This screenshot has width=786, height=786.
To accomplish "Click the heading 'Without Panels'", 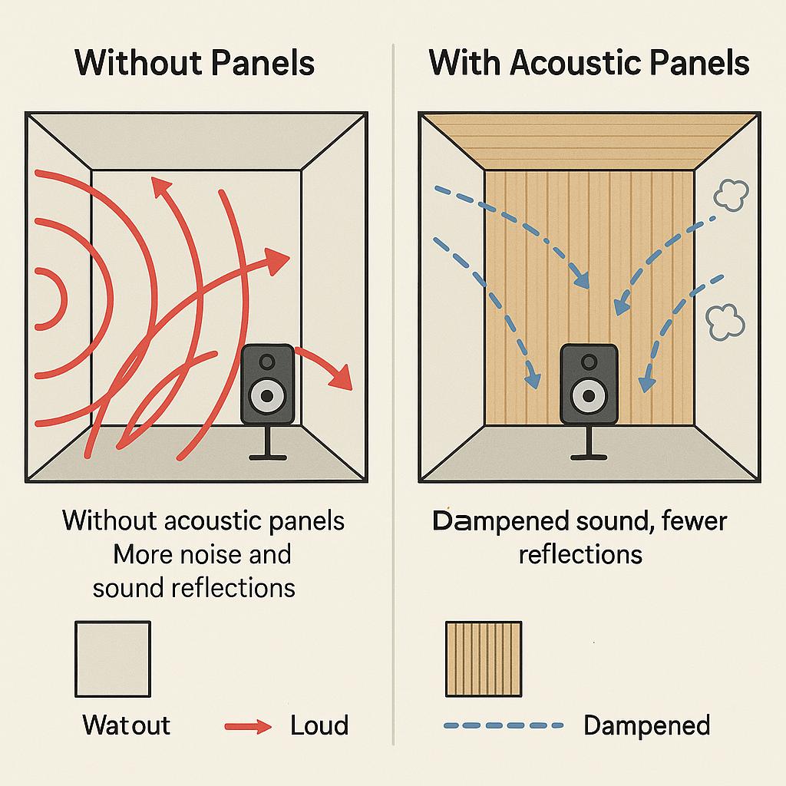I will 195,63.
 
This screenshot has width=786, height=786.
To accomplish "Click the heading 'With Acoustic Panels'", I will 589,63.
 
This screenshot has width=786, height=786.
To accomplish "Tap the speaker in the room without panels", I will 267,384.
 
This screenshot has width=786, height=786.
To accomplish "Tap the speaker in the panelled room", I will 589,383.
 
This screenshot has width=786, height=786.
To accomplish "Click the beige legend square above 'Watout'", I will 113,659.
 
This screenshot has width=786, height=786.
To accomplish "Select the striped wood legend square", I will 484,659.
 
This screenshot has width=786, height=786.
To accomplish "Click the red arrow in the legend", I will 247,726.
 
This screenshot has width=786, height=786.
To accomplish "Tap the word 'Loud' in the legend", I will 319,725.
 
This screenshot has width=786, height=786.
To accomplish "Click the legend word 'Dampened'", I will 646,725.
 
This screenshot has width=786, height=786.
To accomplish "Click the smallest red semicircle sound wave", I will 52,299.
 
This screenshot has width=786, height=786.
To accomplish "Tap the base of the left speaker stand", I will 268,458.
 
